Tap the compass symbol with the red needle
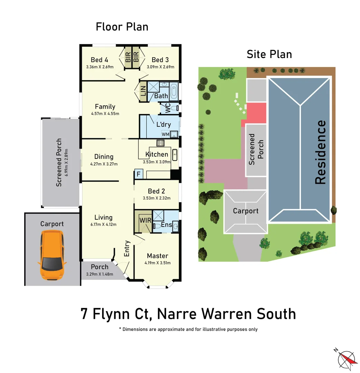point(346,359)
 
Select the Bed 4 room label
point(99,60)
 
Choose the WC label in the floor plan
point(168,108)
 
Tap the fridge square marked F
point(138,174)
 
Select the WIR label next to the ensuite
point(144,220)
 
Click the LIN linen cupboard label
point(143,91)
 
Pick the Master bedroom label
point(157,256)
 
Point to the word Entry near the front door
point(127,248)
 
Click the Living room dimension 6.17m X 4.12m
point(104,224)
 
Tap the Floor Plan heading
point(122,27)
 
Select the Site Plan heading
point(269,54)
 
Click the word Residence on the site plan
point(320,152)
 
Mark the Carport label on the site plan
point(246,211)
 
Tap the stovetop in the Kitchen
point(161,142)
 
